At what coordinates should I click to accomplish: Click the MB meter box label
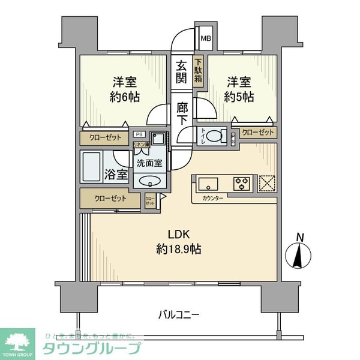(x=206, y=40)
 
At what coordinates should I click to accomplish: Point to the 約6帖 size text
(x=125, y=97)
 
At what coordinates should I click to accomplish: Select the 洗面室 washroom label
(x=149, y=163)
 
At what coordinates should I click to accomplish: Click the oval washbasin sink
(x=150, y=182)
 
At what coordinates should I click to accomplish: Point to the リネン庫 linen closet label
(x=142, y=145)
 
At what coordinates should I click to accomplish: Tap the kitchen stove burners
(x=242, y=182)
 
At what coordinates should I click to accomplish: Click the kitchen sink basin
(x=209, y=182)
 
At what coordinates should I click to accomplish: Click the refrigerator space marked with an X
(x=266, y=182)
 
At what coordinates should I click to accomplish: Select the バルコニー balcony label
(x=179, y=314)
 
